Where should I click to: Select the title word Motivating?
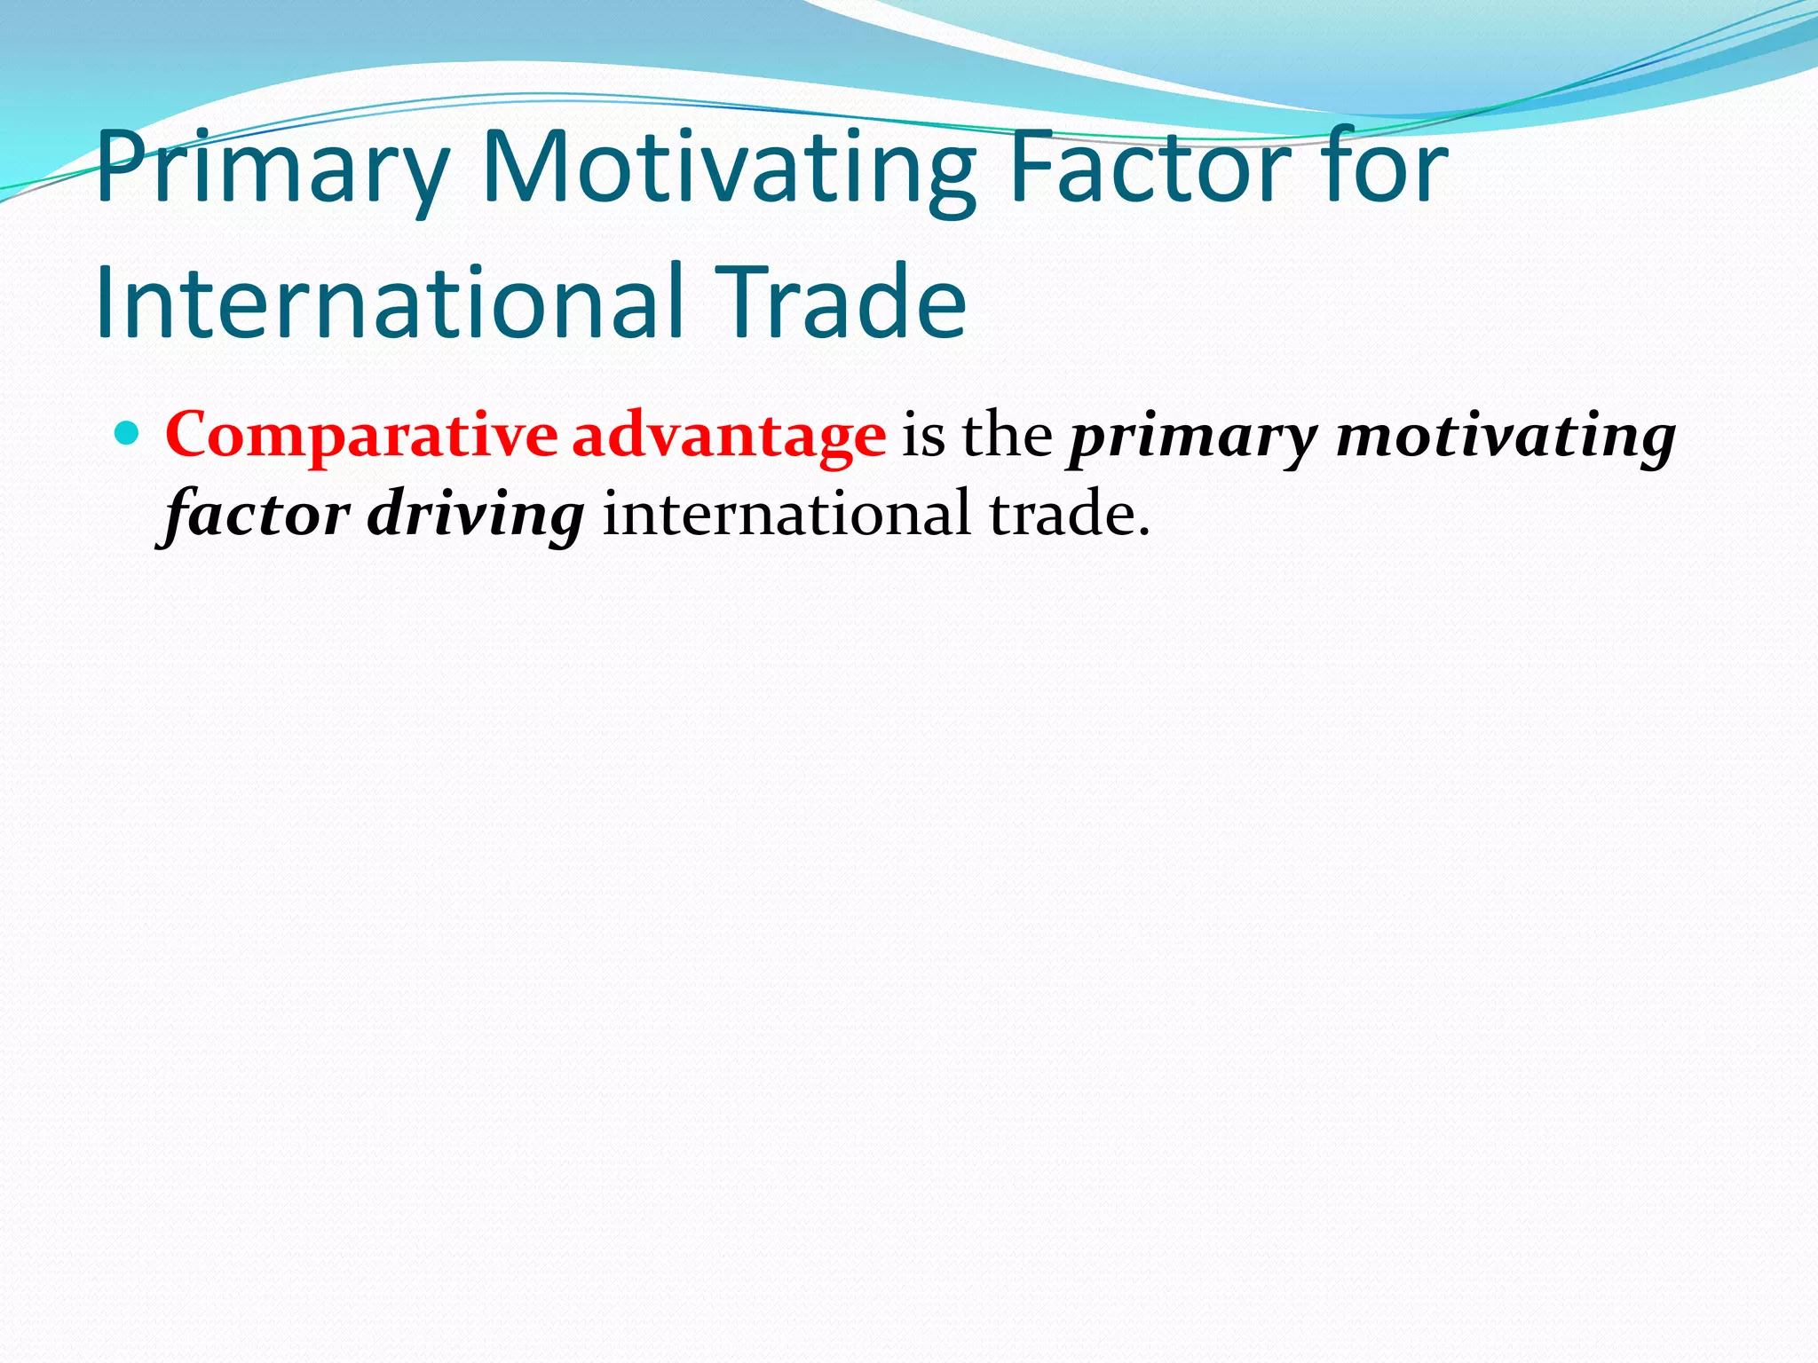click(727, 169)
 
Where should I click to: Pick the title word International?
click(390, 302)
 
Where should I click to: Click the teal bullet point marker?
click(128, 434)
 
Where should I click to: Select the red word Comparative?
click(360, 436)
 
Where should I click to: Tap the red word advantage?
click(728, 436)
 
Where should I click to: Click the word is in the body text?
click(923, 436)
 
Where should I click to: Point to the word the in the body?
click(1008, 434)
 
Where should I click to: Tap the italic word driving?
click(476, 516)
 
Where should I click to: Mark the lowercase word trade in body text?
click(1060, 514)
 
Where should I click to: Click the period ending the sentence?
click(1143, 532)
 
